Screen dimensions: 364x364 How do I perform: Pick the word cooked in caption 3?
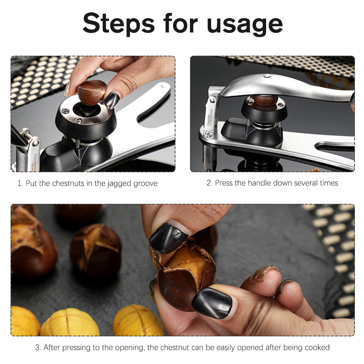(x=317, y=347)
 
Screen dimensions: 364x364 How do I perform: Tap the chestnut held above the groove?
(x=92, y=92)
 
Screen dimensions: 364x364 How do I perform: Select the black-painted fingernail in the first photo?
(x=112, y=100)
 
